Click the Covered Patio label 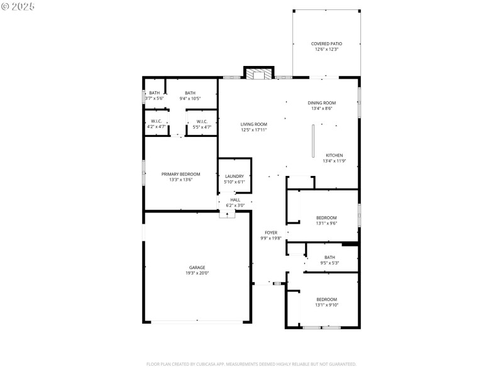click(326, 46)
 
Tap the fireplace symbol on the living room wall click(258, 75)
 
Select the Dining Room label click(321, 106)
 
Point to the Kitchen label click(334, 158)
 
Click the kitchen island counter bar click(312, 141)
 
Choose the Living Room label click(253, 127)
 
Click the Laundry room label click(235, 179)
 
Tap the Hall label click(235, 202)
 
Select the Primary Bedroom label click(180, 177)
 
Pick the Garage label click(197, 270)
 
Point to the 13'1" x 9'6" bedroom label click(326, 221)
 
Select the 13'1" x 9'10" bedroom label click(326, 302)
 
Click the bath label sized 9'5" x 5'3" click(329, 260)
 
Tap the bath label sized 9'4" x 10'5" click(190, 96)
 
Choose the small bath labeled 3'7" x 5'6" click(154, 96)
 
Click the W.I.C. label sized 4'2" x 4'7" click(156, 124)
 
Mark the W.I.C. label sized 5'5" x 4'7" click(202, 124)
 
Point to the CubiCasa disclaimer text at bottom click(251, 364)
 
